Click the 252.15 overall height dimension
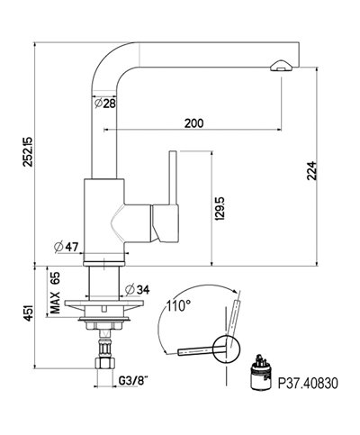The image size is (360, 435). click(29, 151)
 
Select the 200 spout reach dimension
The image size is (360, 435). click(193, 123)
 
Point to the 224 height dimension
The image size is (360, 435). click(311, 170)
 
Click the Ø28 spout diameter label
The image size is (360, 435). click(104, 104)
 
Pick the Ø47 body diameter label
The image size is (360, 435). click(66, 247)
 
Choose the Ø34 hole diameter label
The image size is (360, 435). click(137, 290)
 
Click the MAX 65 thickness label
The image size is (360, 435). click(55, 293)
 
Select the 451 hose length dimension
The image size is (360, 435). click(29, 313)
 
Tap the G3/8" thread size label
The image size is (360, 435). click(133, 381)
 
